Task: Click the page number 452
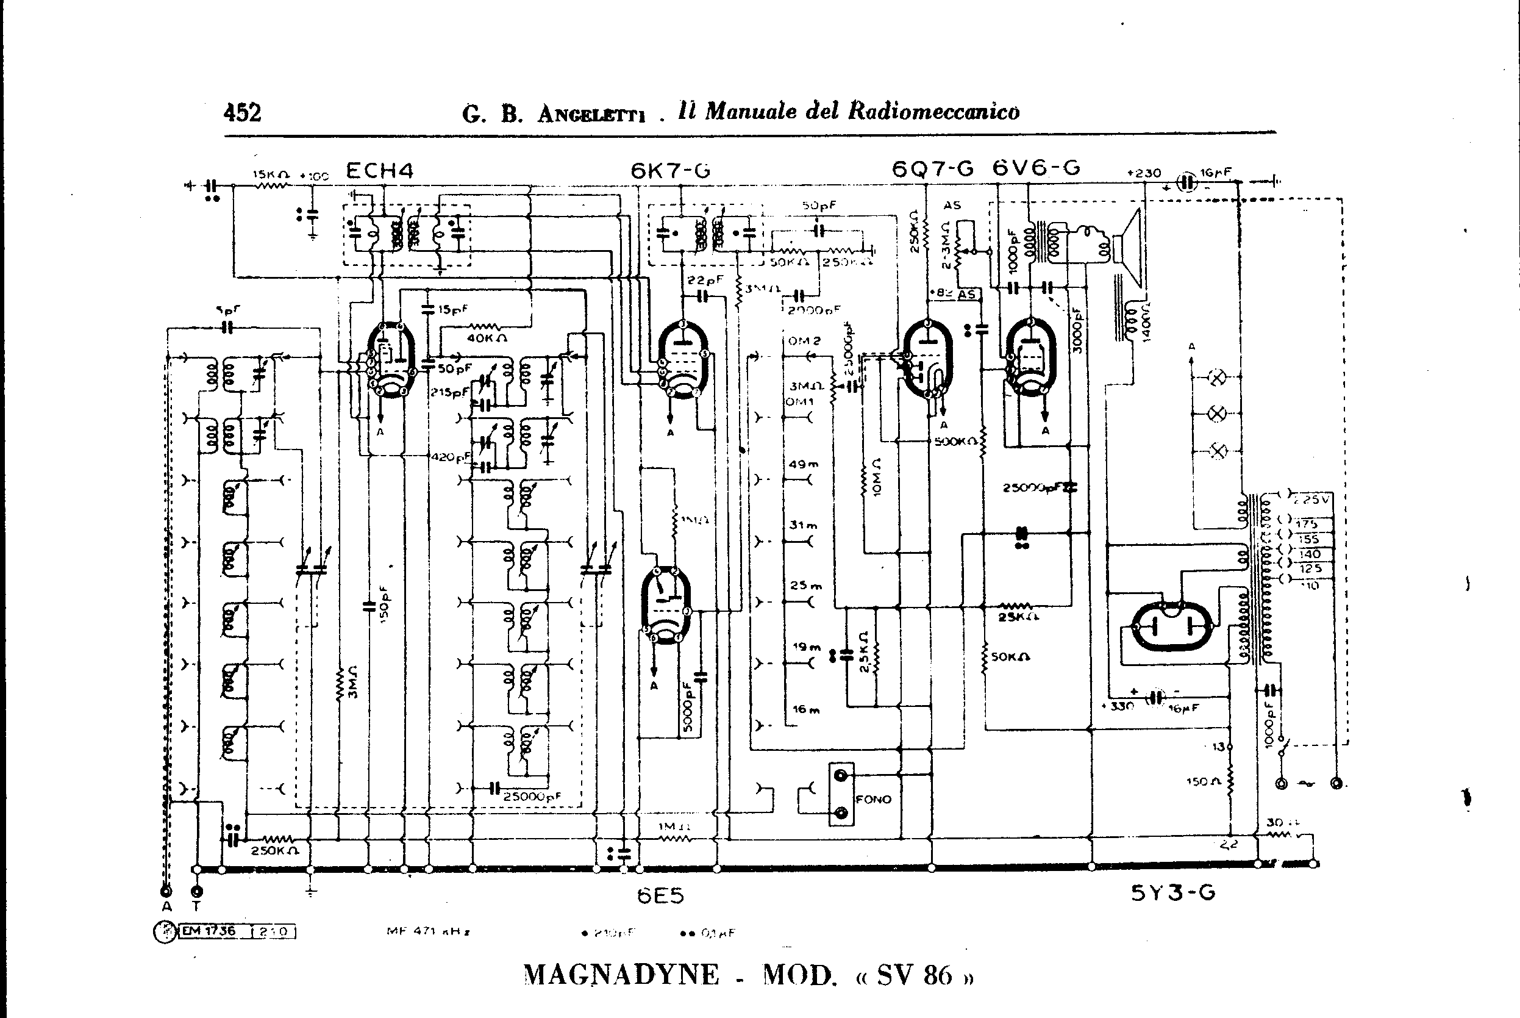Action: [x=242, y=113]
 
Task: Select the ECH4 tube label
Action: [x=380, y=171]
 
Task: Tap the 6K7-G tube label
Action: [x=671, y=171]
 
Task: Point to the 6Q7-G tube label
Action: [x=933, y=169]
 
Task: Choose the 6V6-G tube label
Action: [x=1036, y=168]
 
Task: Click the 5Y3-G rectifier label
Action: [x=1173, y=894]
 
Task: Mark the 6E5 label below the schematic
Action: [x=660, y=896]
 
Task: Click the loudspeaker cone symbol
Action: [x=1130, y=240]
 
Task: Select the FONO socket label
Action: [x=873, y=799]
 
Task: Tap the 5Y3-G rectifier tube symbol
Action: [x=1172, y=626]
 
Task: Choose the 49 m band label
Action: [x=804, y=464]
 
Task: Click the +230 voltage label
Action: [x=1144, y=173]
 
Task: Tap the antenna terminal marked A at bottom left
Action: [x=167, y=892]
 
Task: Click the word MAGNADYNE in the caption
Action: [x=621, y=975]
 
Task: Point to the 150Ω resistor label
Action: [x=1201, y=782]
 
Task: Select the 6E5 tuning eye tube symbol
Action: [x=666, y=604]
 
